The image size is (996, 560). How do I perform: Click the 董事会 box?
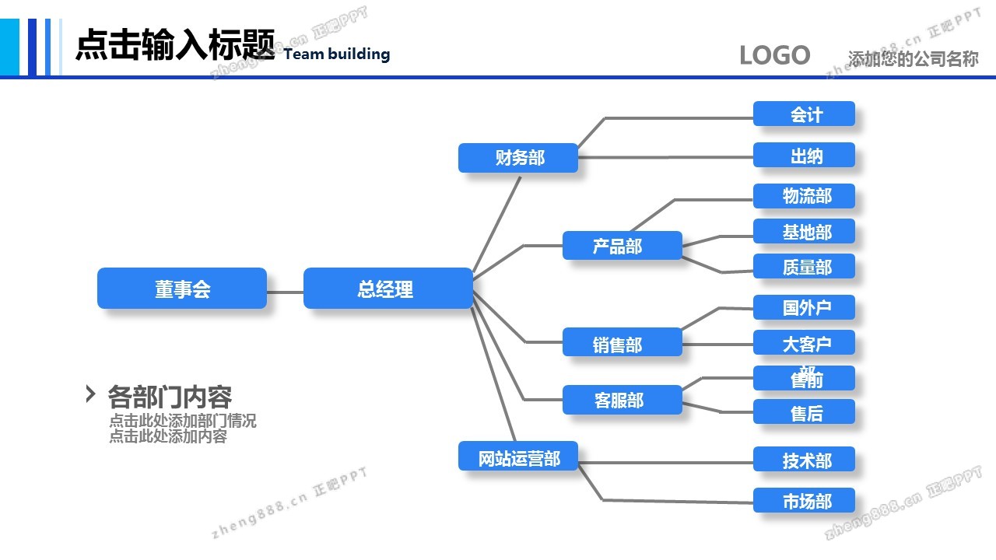point(182,289)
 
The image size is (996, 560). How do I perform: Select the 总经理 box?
point(388,289)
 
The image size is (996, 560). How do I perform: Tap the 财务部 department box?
point(518,158)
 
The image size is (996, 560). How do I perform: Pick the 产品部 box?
point(622,246)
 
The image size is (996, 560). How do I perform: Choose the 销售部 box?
point(622,343)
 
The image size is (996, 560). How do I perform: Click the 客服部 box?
point(622,400)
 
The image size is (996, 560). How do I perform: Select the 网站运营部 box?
point(518,457)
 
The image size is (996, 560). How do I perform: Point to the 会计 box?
point(804,114)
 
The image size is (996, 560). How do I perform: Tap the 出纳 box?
point(804,156)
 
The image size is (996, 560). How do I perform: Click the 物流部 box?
point(804,196)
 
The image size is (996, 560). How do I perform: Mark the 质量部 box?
point(804,267)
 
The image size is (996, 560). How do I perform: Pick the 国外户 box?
point(804,307)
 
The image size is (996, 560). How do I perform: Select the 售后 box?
point(804,412)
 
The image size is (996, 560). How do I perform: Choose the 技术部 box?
point(804,460)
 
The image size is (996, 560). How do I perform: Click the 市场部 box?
point(804,501)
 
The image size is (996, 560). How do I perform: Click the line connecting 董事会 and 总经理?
point(285,292)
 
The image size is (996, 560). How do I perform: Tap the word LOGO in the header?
point(774,55)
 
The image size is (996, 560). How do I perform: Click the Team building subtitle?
point(337,54)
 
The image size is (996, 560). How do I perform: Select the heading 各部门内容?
point(170,397)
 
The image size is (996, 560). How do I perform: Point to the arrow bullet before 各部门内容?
point(90,394)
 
